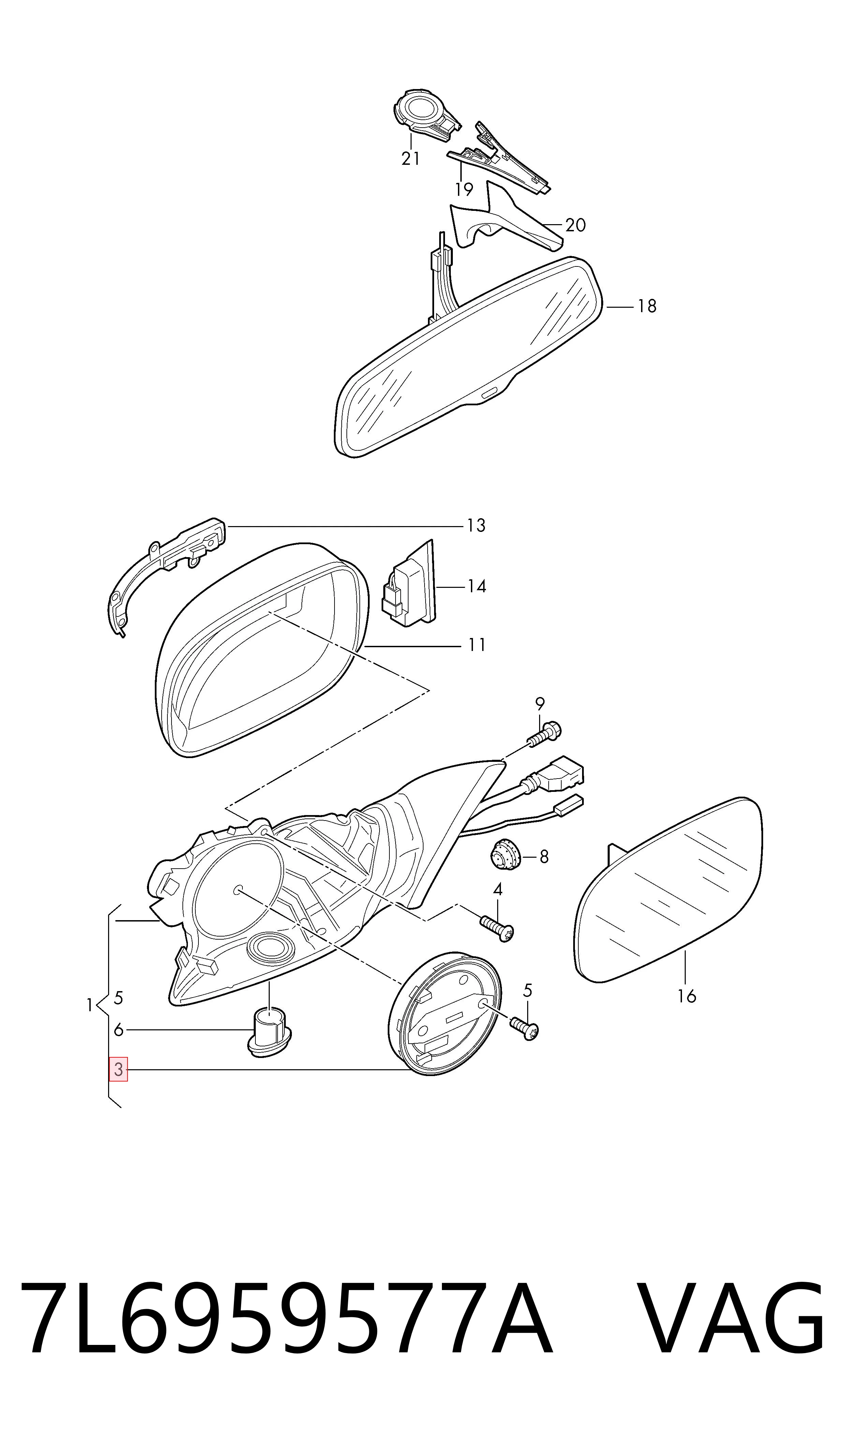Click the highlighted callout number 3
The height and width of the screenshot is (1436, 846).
tap(119, 1069)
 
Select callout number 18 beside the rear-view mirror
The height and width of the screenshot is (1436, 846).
tap(647, 306)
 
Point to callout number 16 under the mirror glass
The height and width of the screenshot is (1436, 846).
tap(687, 996)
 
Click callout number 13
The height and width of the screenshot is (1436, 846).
tap(476, 525)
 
